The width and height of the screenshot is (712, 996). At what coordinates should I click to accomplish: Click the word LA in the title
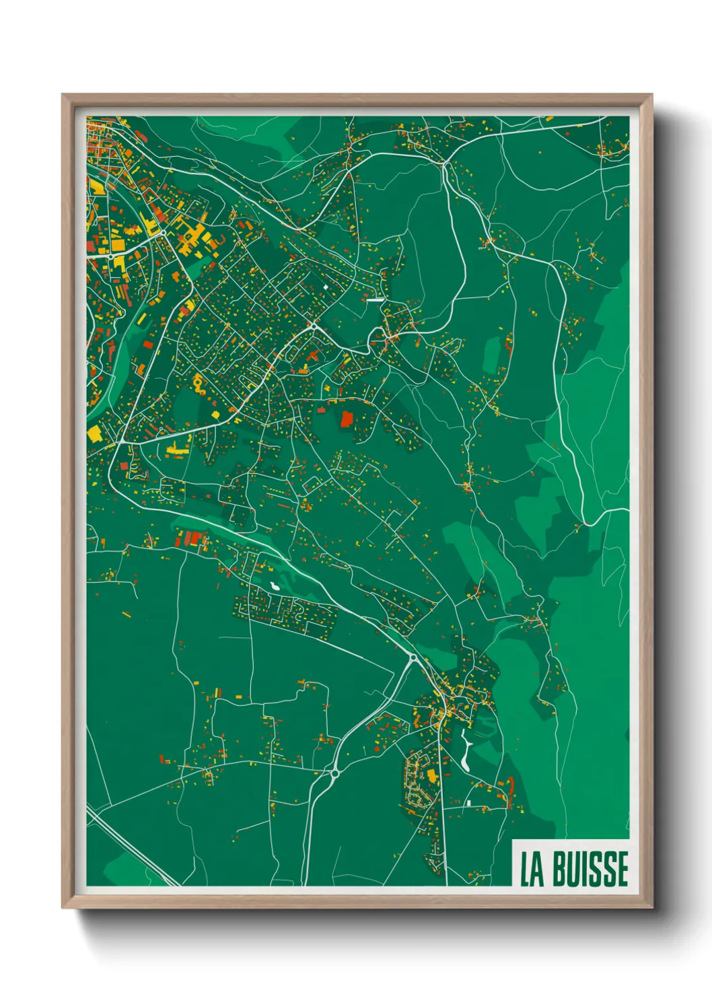click(532, 869)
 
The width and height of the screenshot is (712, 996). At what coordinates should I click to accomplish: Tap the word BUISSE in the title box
click(590, 869)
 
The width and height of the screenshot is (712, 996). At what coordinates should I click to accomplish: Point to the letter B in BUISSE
click(560, 869)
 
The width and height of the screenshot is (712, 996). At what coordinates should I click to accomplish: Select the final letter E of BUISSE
click(621, 869)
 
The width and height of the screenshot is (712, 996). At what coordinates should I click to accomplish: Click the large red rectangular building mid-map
click(347, 419)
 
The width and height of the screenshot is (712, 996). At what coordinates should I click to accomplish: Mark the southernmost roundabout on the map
click(334, 774)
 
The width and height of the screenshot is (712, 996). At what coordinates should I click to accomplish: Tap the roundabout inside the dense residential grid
click(314, 326)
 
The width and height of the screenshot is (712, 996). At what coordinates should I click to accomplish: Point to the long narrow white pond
click(465, 751)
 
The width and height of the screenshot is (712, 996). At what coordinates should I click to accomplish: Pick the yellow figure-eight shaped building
click(199, 385)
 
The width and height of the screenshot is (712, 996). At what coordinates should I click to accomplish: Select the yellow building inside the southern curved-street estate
click(431, 776)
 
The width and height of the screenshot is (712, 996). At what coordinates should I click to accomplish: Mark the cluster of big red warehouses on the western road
click(192, 538)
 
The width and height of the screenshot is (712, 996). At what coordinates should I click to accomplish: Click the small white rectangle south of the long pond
click(468, 803)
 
